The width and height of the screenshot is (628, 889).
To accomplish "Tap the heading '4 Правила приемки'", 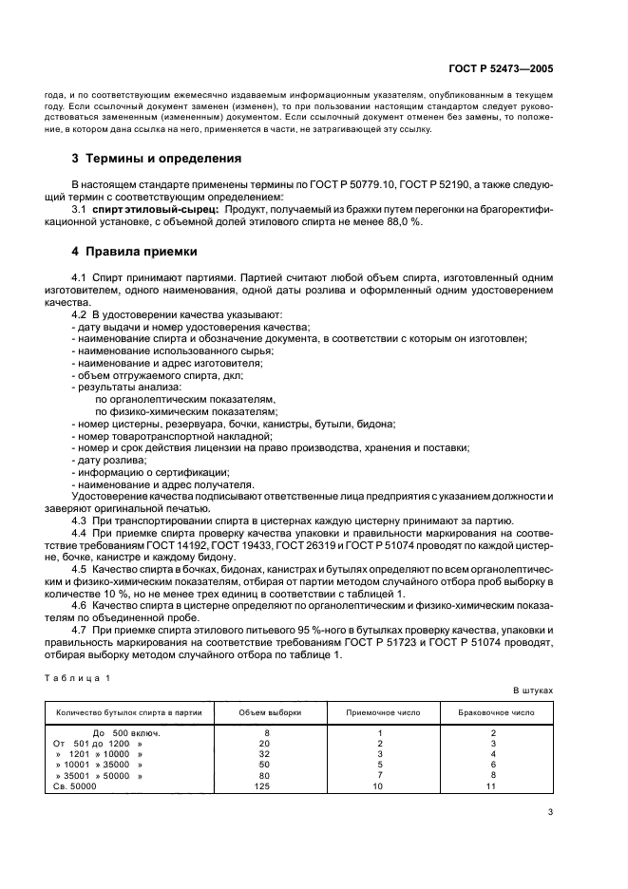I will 135,253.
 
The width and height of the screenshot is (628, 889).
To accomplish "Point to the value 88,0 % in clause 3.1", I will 404,220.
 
